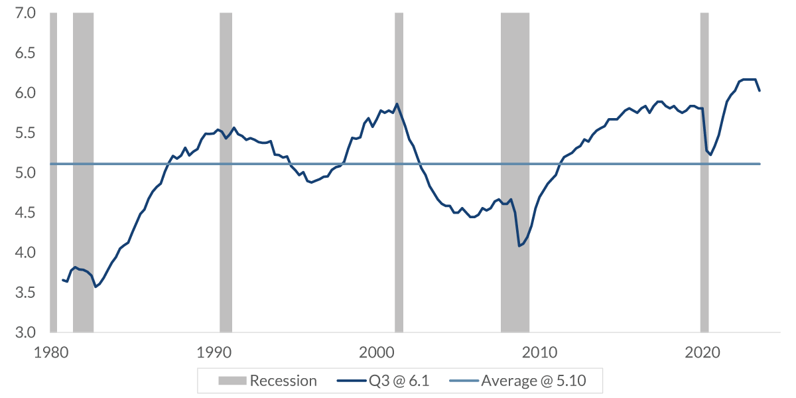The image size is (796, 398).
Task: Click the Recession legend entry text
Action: [x=283, y=381]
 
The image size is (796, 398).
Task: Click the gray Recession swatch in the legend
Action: [x=233, y=381]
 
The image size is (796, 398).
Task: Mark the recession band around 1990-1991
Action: [x=226, y=199]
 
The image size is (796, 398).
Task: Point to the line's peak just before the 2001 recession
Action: [x=397, y=103]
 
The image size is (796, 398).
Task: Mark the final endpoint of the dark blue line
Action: [x=760, y=91]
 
